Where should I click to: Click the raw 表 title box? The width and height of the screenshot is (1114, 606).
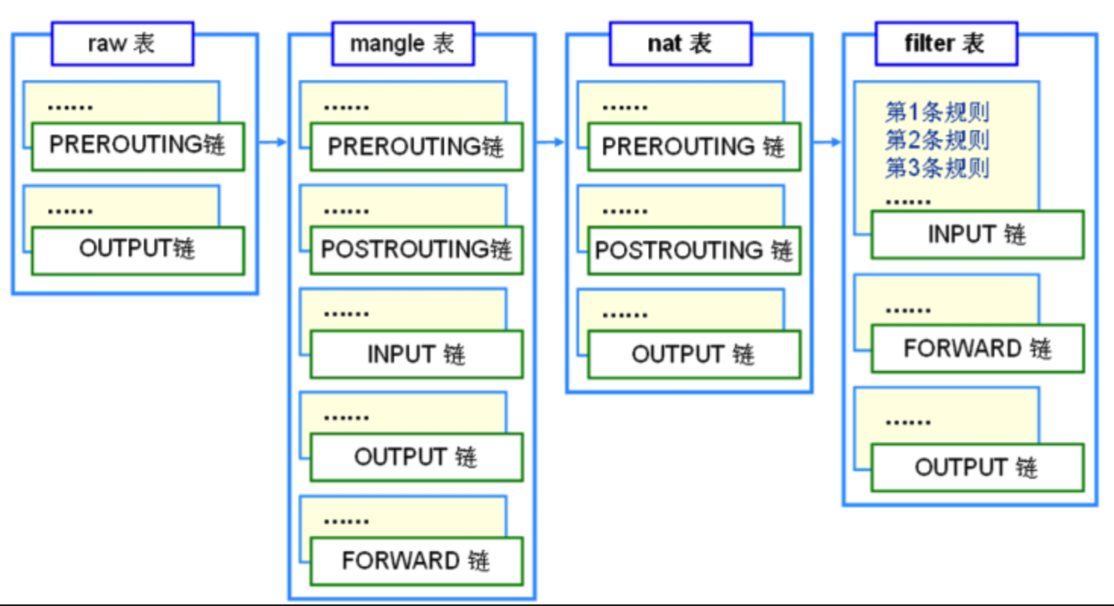[122, 43]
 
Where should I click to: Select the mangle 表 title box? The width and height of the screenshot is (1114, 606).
[403, 43]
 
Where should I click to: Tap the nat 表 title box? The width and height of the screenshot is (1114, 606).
[681, 43]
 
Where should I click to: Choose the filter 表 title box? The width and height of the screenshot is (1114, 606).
[947, 43]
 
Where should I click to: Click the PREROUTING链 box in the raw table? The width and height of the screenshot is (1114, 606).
[138, 147]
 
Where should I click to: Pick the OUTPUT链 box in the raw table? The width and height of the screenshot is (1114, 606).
[138, 251]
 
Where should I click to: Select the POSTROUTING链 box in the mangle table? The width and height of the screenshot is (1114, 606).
[416, 251]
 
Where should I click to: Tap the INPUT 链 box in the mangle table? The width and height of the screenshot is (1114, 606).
[416, 354]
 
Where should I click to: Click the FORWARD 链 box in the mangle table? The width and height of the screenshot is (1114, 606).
[416, 561]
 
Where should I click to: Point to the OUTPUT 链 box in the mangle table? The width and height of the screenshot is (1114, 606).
[416, 458]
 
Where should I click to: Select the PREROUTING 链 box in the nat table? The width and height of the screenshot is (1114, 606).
[694, 147]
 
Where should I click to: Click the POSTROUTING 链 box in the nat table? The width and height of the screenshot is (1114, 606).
[694, 251]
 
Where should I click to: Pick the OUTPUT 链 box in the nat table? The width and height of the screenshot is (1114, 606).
[694, 354]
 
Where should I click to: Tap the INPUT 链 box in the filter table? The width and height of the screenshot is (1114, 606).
[978, 235]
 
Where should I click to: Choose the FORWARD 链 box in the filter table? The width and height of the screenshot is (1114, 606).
[978, 348]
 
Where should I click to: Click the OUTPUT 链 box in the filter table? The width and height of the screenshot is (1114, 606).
[978, 467]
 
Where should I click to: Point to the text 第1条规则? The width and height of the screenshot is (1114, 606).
[937, 112]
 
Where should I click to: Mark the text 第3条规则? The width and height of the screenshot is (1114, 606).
[937, 168]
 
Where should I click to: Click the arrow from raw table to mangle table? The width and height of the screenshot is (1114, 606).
[273, 142]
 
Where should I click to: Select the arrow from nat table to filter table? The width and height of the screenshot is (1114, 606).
[827, 142]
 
